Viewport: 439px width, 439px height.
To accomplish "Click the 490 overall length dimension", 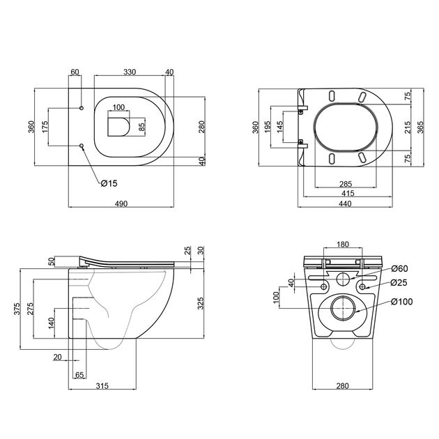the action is coord(121,203).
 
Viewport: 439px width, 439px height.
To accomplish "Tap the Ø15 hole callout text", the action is coord(109,183).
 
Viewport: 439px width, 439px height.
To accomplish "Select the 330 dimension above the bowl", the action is coord(130,72).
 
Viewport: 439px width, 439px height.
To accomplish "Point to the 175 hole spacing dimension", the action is coord(45,127).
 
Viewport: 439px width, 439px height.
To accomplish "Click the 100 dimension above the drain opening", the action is coord(118,107).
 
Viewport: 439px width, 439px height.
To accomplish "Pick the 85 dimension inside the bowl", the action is coord(141,128).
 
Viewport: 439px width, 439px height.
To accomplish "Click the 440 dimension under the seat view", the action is coord(345,203).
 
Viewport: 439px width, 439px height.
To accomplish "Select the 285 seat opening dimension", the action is coord(346,184).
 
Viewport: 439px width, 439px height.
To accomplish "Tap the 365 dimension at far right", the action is coord(420,127).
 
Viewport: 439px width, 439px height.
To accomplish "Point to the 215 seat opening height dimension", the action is coord(408,127).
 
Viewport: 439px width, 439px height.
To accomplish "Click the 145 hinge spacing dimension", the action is coord(279,127).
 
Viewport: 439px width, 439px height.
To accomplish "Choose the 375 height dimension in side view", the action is coord(17,309).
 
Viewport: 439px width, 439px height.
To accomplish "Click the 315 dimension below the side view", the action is coord(102,386).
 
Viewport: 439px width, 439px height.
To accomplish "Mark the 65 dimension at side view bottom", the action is coord(79,375).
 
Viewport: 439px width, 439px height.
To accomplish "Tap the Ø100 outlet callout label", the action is coord(402,302).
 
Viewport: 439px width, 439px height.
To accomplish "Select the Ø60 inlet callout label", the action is coord(399,268).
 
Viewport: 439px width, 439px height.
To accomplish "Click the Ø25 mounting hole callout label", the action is coord(399,282).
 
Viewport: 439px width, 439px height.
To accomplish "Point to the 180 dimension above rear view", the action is coord(343,245).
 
